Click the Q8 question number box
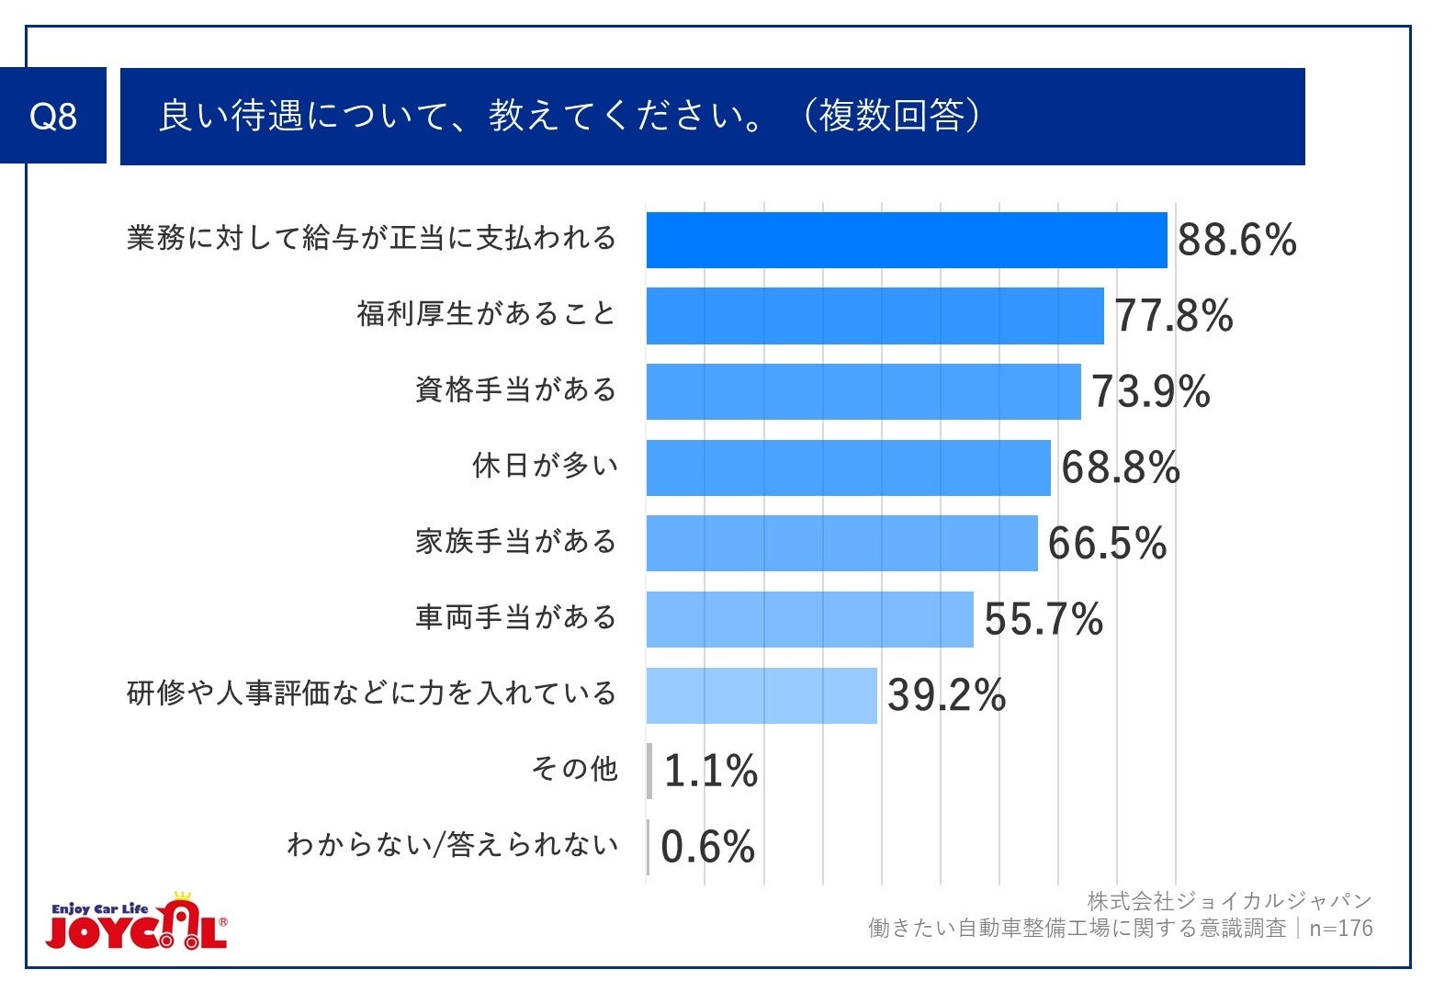53,117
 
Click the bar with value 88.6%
906,241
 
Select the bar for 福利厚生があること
874,316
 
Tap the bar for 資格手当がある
863,392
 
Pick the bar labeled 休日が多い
848,468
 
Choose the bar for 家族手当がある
841,544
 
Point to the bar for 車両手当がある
809,619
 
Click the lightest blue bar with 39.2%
762,695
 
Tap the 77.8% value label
1173,316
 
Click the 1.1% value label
710,771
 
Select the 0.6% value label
707,847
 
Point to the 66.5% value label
1107,544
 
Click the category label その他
574,769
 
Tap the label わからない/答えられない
452,845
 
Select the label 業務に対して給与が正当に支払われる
371,239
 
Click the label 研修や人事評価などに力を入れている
371,693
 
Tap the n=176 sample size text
1340,929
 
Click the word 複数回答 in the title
891,117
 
